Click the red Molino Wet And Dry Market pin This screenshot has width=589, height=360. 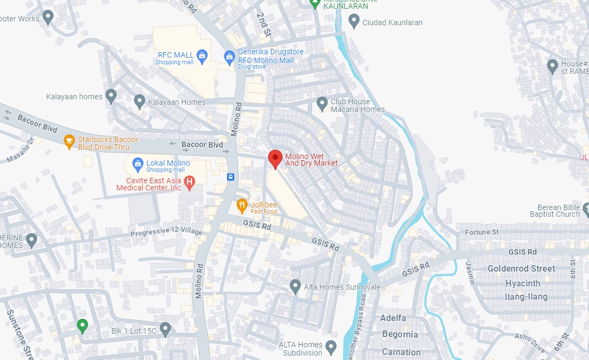[x=275, y=159]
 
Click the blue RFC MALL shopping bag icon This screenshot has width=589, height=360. [x=202, y=55]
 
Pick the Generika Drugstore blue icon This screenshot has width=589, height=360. [x=230, y=55]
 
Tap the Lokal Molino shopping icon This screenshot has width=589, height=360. [x=137, y=163]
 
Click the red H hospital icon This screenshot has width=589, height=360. [x=189, y=182]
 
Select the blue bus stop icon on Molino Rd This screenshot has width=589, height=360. [x=231, y=177]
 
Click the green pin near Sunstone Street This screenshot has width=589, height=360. [x=82, y=326]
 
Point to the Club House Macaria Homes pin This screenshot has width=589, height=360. [x=322, y=103]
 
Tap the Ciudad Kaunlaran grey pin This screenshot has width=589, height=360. [x=354, y=21]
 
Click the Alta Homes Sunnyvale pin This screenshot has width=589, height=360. [x=295, y=286]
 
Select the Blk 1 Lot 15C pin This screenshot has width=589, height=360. [x=165, y=329]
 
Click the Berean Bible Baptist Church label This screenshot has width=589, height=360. [x=554, y=211]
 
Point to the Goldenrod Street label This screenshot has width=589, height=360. [x=521, y=268]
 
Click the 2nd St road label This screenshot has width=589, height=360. [x=264, y=25]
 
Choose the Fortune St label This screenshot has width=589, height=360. [x=482, y=232]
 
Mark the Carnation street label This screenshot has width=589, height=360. [x=401, y=352]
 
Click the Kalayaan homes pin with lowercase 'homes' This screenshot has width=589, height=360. [x=111, y=96]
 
